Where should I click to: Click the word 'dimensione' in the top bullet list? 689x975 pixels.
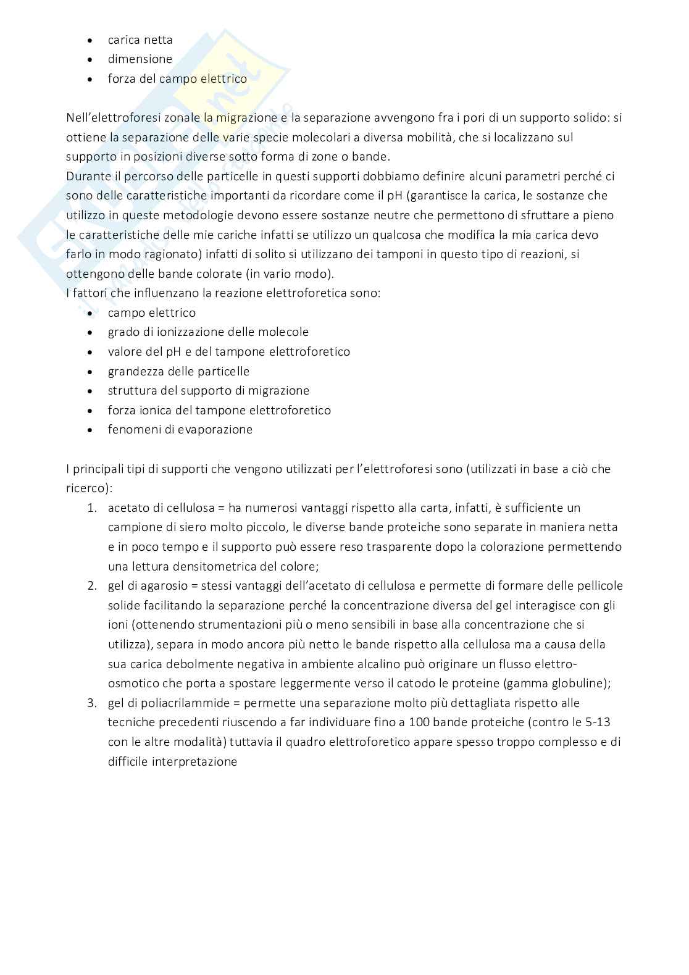(140, 59)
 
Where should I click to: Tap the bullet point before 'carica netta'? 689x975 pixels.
(91, 40)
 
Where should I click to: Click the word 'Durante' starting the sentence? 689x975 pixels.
(88, 176)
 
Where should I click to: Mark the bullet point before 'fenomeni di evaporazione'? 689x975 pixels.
(91, 430)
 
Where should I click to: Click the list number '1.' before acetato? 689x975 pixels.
(92, 508)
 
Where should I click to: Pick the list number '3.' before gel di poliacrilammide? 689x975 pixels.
(92, 703)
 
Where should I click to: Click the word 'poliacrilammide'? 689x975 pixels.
(188, 703)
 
